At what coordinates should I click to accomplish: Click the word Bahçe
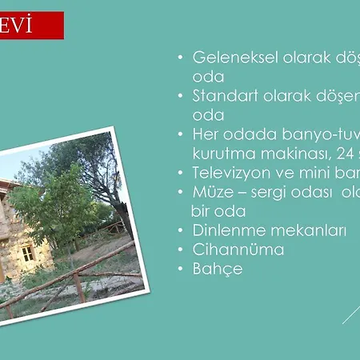pyautogui.click(x=217, y=269)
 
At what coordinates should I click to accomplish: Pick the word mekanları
pyautogui.click(x=309, y=230)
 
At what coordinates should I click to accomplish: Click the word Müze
pyautogui.click(x=214, y=192)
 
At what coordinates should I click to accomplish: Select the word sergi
pyautogui.click(x=270, y=192)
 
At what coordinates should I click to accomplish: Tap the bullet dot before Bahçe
pyautogui.click(x=182, y=270)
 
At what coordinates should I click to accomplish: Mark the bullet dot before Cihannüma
pyautogui.click(x=182, y=250)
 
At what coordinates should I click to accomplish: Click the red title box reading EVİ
pyautogui.click(x=31, y=26)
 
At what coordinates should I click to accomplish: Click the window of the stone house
pyautogui.click(x=27, y=254)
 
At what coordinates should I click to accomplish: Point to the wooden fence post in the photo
pyautogui.click(x=79, y=288)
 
